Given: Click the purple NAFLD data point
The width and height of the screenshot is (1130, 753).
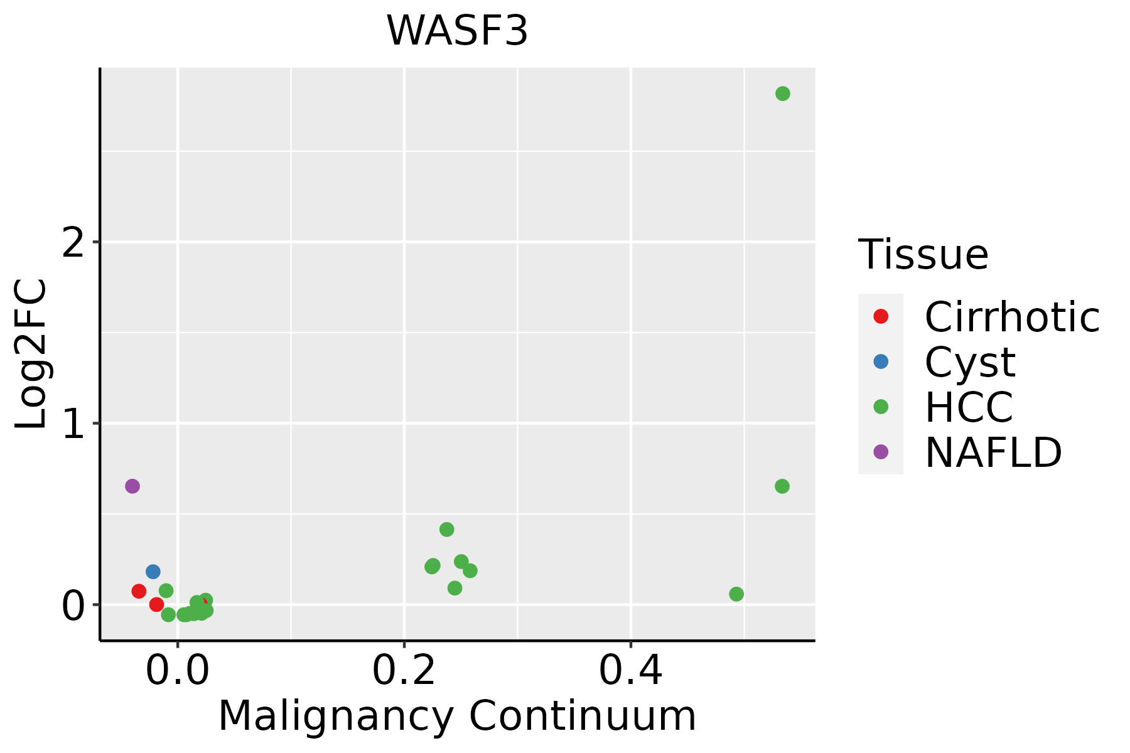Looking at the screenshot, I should click(132, 486).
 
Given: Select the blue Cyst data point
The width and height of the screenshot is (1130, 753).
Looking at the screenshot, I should click(153, 572).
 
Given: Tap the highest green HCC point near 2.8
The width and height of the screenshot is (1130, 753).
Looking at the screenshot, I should click(782, 93).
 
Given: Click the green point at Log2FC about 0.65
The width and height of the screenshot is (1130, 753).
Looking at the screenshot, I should click(782, 486).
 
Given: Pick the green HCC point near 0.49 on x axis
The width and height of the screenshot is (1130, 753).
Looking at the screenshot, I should click(736, 594).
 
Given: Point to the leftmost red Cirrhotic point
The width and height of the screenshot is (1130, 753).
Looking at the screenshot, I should click(139, 591).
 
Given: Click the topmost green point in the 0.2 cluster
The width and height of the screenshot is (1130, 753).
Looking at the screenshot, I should click(446, 530).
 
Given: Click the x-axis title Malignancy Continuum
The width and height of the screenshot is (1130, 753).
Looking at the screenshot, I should click(457, 715).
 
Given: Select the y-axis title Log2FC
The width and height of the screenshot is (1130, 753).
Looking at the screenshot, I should click(31, 355).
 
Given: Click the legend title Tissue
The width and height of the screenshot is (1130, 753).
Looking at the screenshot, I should click(923, 255).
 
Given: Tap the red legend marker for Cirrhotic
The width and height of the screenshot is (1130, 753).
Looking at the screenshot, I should click(881, 316).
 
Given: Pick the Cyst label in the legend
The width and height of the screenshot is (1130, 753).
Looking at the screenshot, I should click(970, 362).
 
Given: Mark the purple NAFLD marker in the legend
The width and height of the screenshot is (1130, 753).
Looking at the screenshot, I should click(881, 451).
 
